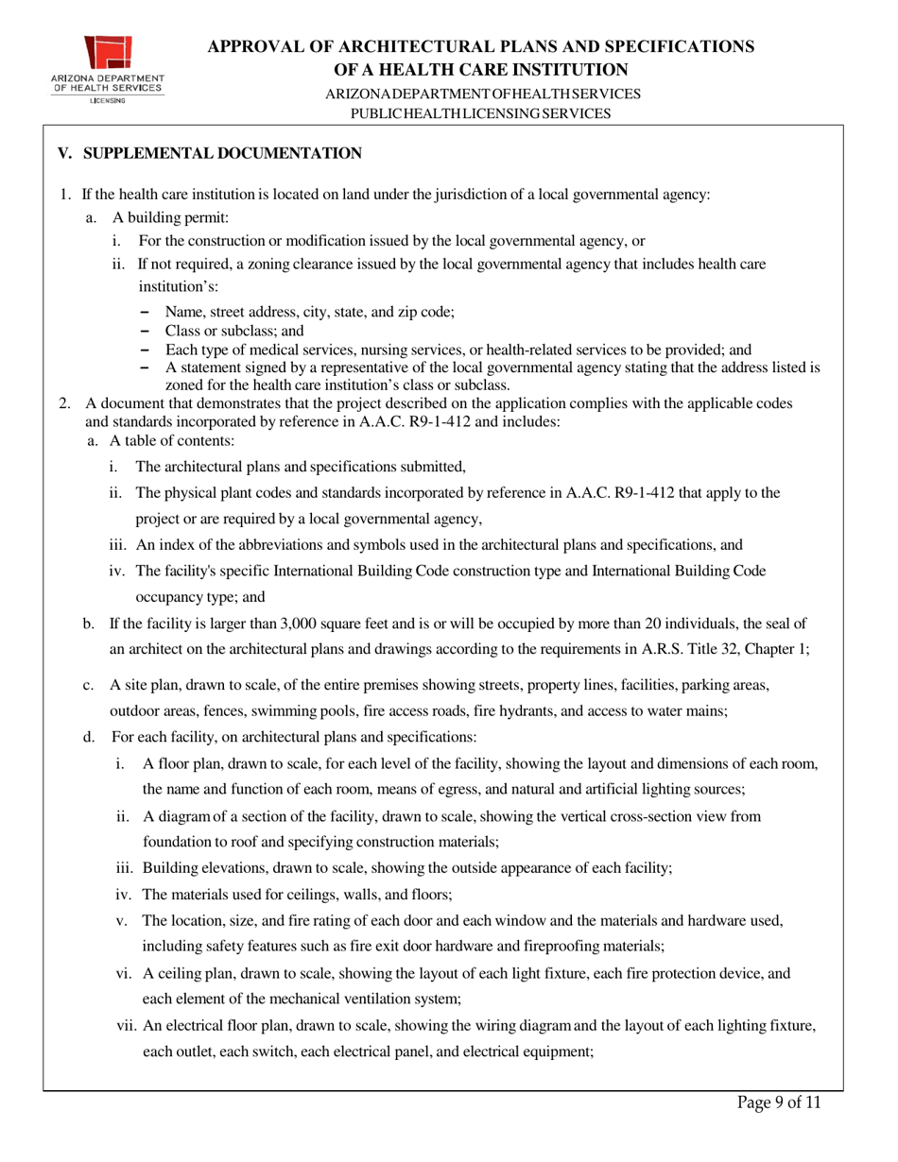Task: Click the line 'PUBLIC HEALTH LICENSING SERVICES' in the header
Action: [x=480, y=113]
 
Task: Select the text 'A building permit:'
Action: [x=166, y=218]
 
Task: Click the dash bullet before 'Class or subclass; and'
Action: [x=145, y=331]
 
